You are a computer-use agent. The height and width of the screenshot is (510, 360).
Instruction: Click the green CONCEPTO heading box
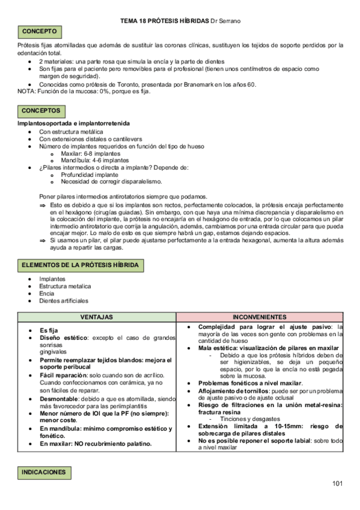click(x=40, y=31)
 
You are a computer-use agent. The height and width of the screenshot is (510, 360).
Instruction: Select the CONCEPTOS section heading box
click(x=41, y=111)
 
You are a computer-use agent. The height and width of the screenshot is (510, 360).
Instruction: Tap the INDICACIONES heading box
click(x=44, y=473)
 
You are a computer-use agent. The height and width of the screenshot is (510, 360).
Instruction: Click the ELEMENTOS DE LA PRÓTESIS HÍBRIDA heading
click(x=80, y=265)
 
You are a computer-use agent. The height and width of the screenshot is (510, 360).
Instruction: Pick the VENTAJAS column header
click(x=96, y=317)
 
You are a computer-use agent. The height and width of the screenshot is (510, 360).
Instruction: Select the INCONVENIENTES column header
click(x=260, y=317)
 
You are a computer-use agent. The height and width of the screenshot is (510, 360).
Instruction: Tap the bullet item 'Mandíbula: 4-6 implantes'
click(x=94, y=161)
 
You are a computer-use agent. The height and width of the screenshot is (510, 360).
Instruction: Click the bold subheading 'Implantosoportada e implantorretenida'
click(x=73, y=123)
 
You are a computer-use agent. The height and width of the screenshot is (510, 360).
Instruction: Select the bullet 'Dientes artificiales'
click(x=63, y=300)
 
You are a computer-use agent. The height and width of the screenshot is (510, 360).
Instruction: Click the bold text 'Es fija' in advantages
click(x=49, y=331)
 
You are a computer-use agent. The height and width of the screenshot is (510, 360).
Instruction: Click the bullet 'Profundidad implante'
click(x=93, y=175)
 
